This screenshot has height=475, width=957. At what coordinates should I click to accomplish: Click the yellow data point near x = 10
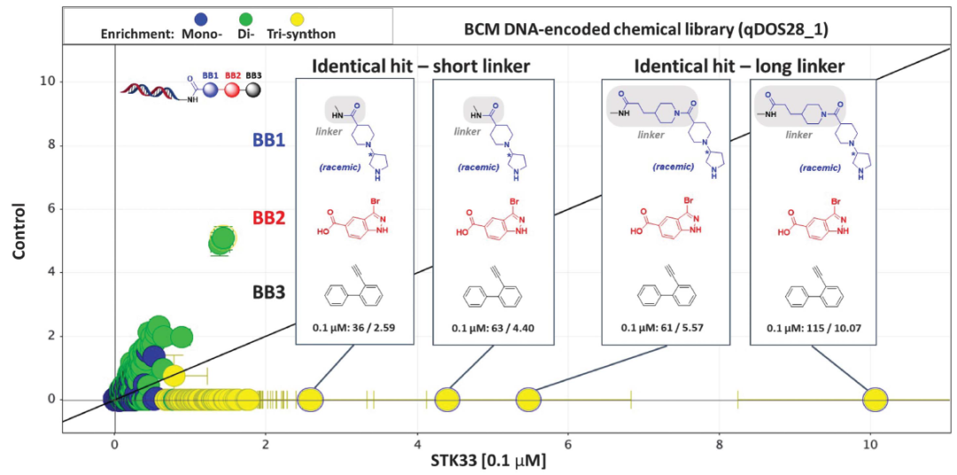[x=875, y=400]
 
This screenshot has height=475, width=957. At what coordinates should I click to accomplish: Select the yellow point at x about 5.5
[x=528, y=400]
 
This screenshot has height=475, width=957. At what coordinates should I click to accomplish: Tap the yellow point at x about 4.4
[x=447, y=400]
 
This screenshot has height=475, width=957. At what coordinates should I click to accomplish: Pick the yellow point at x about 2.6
[x=310, y=400]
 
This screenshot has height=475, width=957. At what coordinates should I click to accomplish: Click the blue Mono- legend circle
[x=201, y=18]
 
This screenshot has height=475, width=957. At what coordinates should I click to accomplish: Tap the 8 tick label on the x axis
[x=719, y=439]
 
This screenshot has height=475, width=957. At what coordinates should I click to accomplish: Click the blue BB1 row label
[x=267, y=139]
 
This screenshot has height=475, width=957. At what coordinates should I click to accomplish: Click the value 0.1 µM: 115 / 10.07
[x=812, y=329]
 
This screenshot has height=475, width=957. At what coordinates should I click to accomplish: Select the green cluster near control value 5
[x=222, y=239]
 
